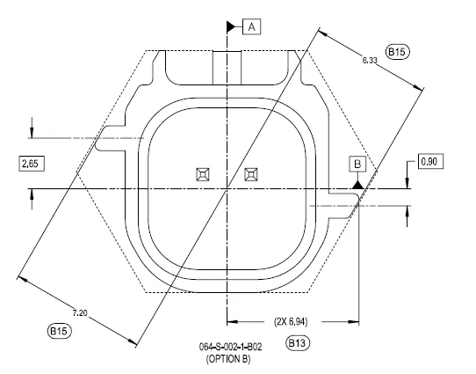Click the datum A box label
252,27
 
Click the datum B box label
357,165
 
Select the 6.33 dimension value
370,60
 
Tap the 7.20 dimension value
80,312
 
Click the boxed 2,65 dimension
32,164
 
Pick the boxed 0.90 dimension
430,161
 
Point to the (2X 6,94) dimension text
291,321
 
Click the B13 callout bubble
298,343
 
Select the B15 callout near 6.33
397,52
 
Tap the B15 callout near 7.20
60,331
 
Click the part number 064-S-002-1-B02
230,347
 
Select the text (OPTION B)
228,359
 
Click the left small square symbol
203,174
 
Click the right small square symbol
251,174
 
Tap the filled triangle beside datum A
231,27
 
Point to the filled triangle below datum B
358,185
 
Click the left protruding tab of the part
111,138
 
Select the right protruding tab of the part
344,206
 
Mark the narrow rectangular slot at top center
227,68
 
